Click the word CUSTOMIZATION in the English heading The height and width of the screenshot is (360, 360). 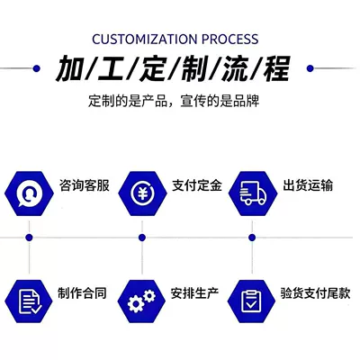[145, 40]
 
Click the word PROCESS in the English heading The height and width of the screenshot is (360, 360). [230, 40]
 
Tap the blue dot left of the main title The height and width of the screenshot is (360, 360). [36, 68]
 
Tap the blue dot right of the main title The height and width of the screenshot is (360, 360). [310, 68]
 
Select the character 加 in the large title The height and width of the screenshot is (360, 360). [69, 68]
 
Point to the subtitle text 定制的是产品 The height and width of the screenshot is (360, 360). [128, 101]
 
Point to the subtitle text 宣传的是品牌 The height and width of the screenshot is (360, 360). [220, 101]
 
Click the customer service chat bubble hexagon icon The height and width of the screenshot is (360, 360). [29, 193]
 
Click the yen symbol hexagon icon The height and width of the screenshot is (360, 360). [142, 193]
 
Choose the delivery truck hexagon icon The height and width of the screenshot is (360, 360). [253, 193]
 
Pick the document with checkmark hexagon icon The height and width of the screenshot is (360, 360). [29, 301]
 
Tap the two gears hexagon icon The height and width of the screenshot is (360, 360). [141, 301]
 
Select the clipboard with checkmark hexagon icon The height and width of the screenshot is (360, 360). [251, 301]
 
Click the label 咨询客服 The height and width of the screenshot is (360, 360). [85, 185]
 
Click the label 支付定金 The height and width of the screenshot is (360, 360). [197, 185]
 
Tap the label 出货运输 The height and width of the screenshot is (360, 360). [308, 185]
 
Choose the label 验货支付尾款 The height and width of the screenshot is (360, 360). [315, 293]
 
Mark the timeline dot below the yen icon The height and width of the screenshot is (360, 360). [142, 238]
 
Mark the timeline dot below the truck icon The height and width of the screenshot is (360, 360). [252, 238]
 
